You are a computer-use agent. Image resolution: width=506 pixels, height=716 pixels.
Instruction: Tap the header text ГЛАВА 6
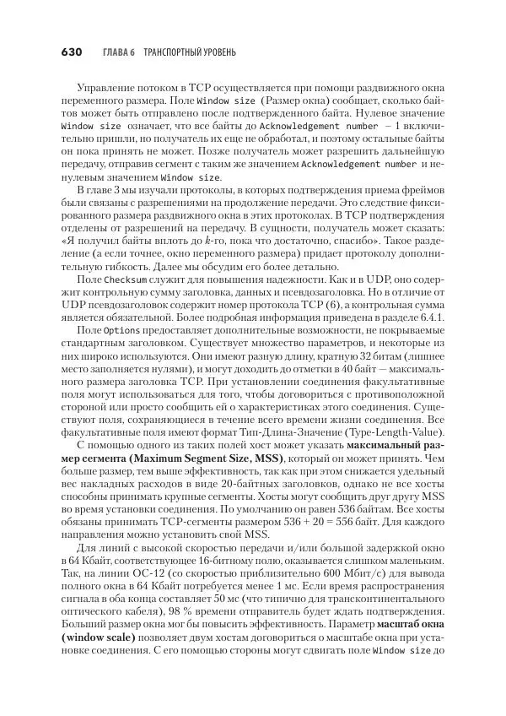coord(119,52)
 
